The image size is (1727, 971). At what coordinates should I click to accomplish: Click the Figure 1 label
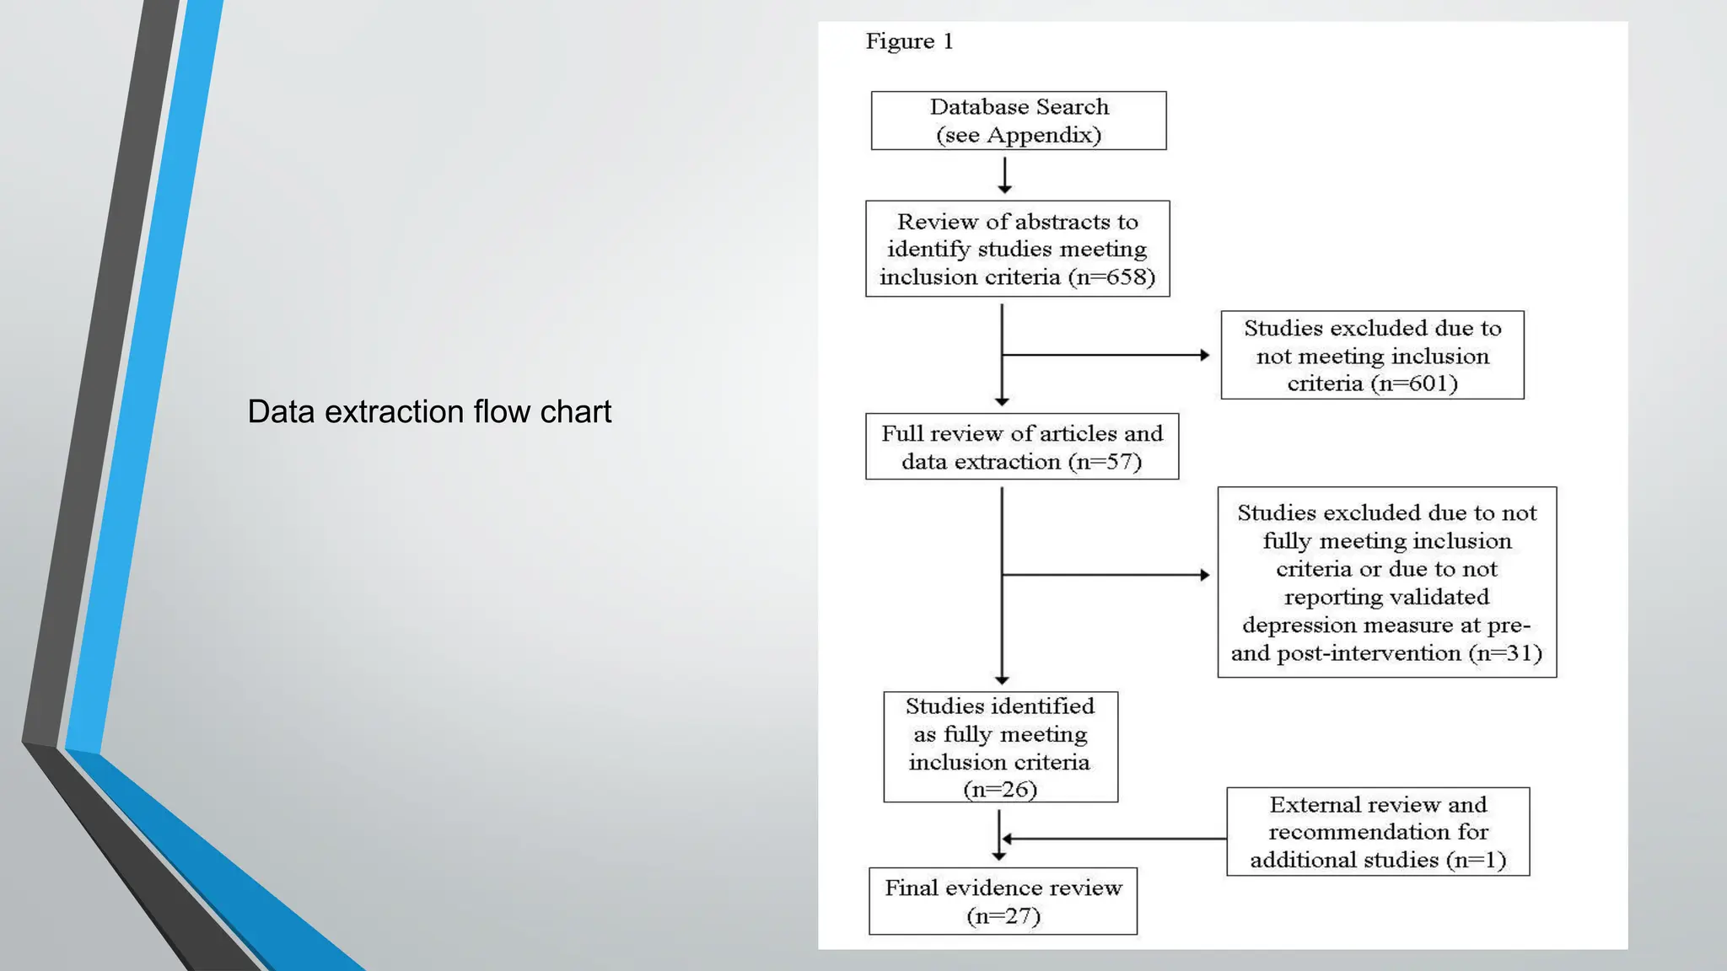pyautogui.click(x=909, y=41)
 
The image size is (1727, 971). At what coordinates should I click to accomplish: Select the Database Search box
pyautogui.click(x=1019, y=121)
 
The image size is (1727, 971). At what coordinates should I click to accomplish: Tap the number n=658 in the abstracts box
pyautogui.click(x=1111, y=277)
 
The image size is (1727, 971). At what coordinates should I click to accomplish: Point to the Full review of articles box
pyautogui.click(x=1021, y=447)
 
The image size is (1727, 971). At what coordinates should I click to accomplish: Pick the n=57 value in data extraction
pyautogui.click(x=1105, y=462)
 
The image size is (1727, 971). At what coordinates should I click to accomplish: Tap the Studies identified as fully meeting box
pyautogui.click(x=1000, y=747)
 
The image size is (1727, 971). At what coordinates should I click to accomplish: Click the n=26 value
pyautogui.click(x=1000, y=790)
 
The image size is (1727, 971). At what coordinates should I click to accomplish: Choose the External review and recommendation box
pyautogui.click(x=1377, y=832)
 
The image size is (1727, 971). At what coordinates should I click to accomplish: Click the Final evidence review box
pyautogui.click(x=1003, y=901)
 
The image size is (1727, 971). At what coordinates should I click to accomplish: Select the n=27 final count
pyautogui.click(x=1003, y=916)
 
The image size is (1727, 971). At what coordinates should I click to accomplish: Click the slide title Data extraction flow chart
pyautogui.click(x=429, y=412)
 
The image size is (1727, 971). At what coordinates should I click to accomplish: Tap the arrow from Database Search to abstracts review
pyautogui.click(x=1004, y=175)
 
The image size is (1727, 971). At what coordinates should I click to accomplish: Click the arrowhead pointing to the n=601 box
pyautogui.click(x=1204, y=356)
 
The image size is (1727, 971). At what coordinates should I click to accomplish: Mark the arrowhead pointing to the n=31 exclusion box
pyautogui.click(x=1204, y=575)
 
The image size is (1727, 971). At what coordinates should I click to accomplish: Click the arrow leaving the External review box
pyautogui.click(x=1113, y=839)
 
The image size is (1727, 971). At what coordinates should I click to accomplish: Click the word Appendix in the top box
pyautogui.click(x=1043, y=136)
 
